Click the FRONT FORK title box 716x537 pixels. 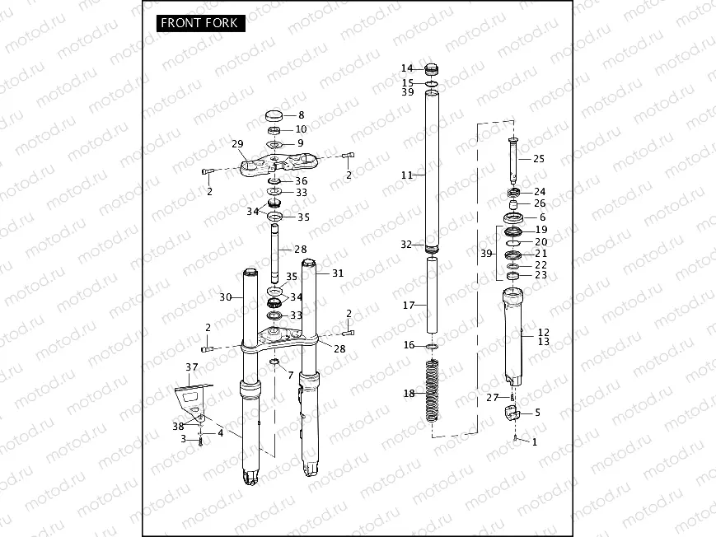coord(199,22)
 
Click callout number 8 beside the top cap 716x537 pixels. coord(301,115)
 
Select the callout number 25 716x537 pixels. coord(539,158)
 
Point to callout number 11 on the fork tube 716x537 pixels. coord(406,175)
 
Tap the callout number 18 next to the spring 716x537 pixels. coord(409,394)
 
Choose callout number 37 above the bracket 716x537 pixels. coord(192,367)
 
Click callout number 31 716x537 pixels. coord(337,273)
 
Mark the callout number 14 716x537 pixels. coord(407,68)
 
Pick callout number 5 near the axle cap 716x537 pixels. coord(538,413)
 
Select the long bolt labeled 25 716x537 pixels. coord(512,161)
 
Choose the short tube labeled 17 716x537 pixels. coord(433,295)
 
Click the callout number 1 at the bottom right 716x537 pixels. coord(534,442)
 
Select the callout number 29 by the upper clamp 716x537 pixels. coord(238,144)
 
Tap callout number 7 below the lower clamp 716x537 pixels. coord(289,375)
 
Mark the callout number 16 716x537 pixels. coord(409,345)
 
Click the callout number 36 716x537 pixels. coord(302,180)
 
